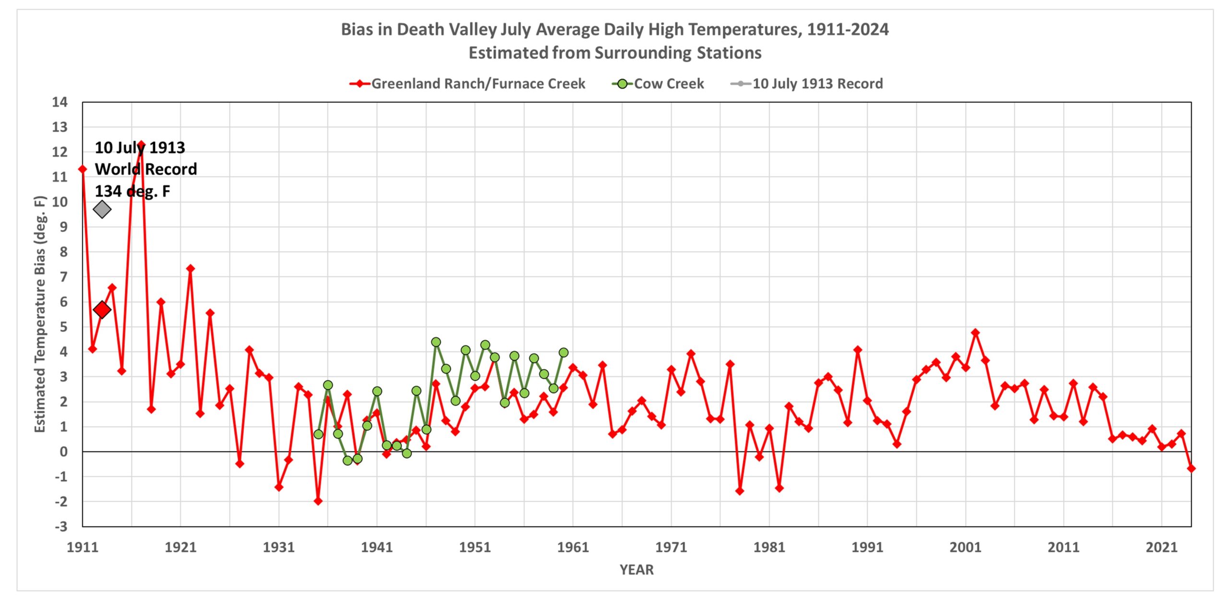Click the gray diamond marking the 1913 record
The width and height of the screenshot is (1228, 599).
pos(102,209)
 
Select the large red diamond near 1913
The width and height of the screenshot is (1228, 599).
pos(102,310)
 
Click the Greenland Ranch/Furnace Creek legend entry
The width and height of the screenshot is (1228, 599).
pos(468,84)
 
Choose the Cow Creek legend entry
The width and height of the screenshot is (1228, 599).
pos(658,84)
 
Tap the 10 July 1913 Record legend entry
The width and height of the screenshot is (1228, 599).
pos(807,84)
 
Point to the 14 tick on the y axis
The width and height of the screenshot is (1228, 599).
pos(60,102)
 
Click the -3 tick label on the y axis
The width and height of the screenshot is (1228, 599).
pos(61,527)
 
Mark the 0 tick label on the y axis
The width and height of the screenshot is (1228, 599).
pos(63,452)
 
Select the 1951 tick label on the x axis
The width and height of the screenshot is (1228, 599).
pos(475,547)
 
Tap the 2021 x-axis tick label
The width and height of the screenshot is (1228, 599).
pos(1161,547)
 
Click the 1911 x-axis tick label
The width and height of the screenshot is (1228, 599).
pos(83,547)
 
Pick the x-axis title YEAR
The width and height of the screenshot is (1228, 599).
pos(637,570)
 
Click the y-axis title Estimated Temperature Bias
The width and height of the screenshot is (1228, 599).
pos(40,314)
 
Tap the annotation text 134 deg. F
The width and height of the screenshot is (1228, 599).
pos(132,191)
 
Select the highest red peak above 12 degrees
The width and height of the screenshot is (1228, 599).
pos(141,144)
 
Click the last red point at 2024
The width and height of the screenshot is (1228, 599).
pos(1191,468)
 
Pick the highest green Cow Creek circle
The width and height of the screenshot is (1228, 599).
pos(436,342)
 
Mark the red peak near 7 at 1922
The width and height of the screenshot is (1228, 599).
pos(190,269)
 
